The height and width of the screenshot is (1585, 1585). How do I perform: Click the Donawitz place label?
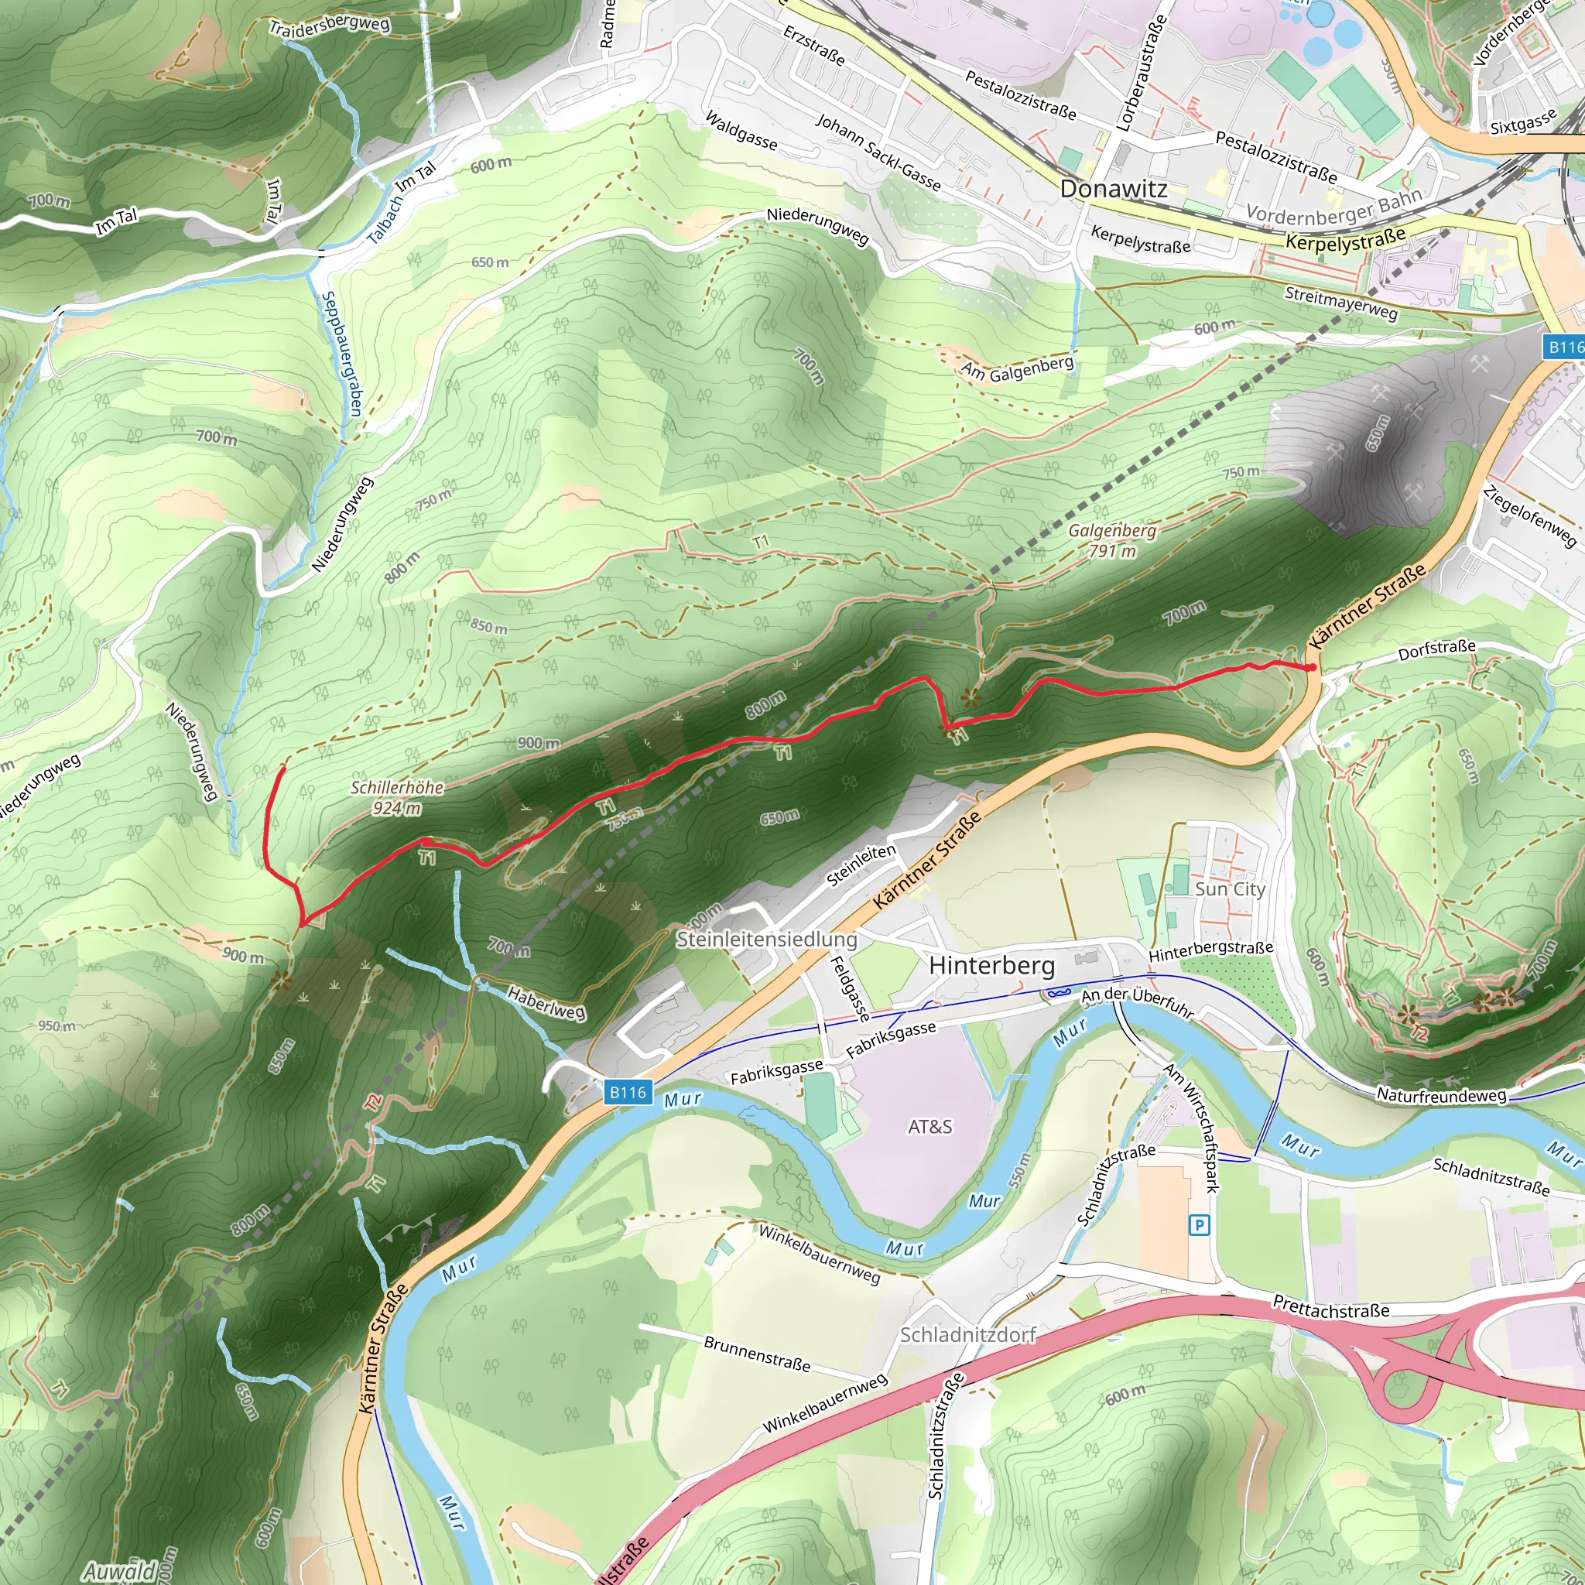1113,190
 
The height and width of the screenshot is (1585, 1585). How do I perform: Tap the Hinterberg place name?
991,966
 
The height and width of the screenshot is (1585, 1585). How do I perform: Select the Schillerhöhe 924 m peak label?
397,797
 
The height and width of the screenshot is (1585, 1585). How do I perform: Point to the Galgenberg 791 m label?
1111,541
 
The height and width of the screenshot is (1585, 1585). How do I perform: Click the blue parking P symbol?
1200,1226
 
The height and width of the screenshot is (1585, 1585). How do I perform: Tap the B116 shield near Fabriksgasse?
628,1092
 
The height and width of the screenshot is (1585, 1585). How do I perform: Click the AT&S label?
929,1127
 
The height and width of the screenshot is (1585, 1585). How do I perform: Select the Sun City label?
1230,889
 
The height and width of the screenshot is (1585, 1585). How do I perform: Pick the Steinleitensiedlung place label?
766,940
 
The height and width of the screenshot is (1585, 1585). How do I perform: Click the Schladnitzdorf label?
968,1335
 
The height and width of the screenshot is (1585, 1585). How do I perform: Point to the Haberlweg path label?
546,1002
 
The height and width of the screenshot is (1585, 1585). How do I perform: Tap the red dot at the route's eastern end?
1312,668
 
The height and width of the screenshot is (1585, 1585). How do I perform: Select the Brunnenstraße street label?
756,1354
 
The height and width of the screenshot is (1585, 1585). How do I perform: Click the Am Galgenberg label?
1017,368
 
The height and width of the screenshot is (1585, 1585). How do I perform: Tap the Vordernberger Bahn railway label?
1334,206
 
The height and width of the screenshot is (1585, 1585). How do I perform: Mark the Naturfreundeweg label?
1441,1095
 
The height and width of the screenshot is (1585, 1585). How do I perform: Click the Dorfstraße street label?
1437,650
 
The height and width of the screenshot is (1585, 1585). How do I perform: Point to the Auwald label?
119,1571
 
